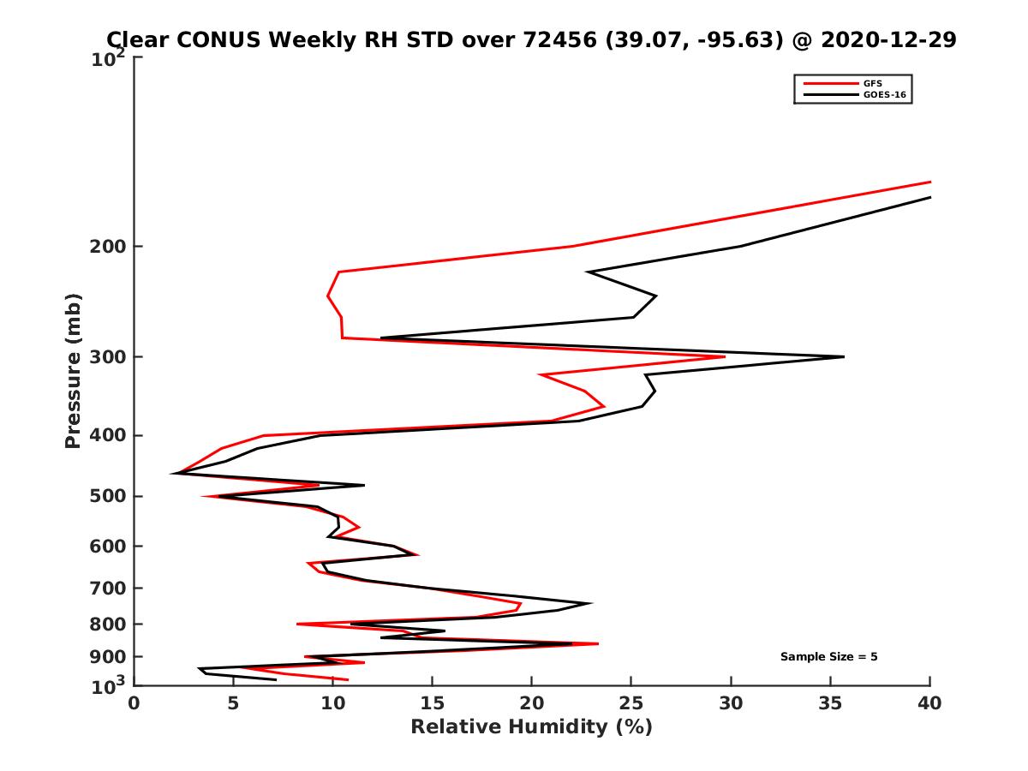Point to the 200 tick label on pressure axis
[x=108, y=247]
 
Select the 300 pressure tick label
[x=108, y=357]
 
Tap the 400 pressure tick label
[x=108, y=435]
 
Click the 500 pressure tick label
[x=108, y=496]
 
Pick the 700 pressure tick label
[x=108, y=588]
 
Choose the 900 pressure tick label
[x=108, y=657]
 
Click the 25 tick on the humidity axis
[x=631, y=703]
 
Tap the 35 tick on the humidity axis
[x=830, y=703]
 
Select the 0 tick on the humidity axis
[x=134, y=703]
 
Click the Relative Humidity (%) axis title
[x=531, y=727]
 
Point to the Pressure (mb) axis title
[x=73, y=370]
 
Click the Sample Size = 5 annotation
[x=828, y=657]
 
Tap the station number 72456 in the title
[x=558, y=39]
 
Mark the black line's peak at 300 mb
[x=844, y=356]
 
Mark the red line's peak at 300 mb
[x=725, y=356]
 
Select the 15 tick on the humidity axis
[x=433, y=703]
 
